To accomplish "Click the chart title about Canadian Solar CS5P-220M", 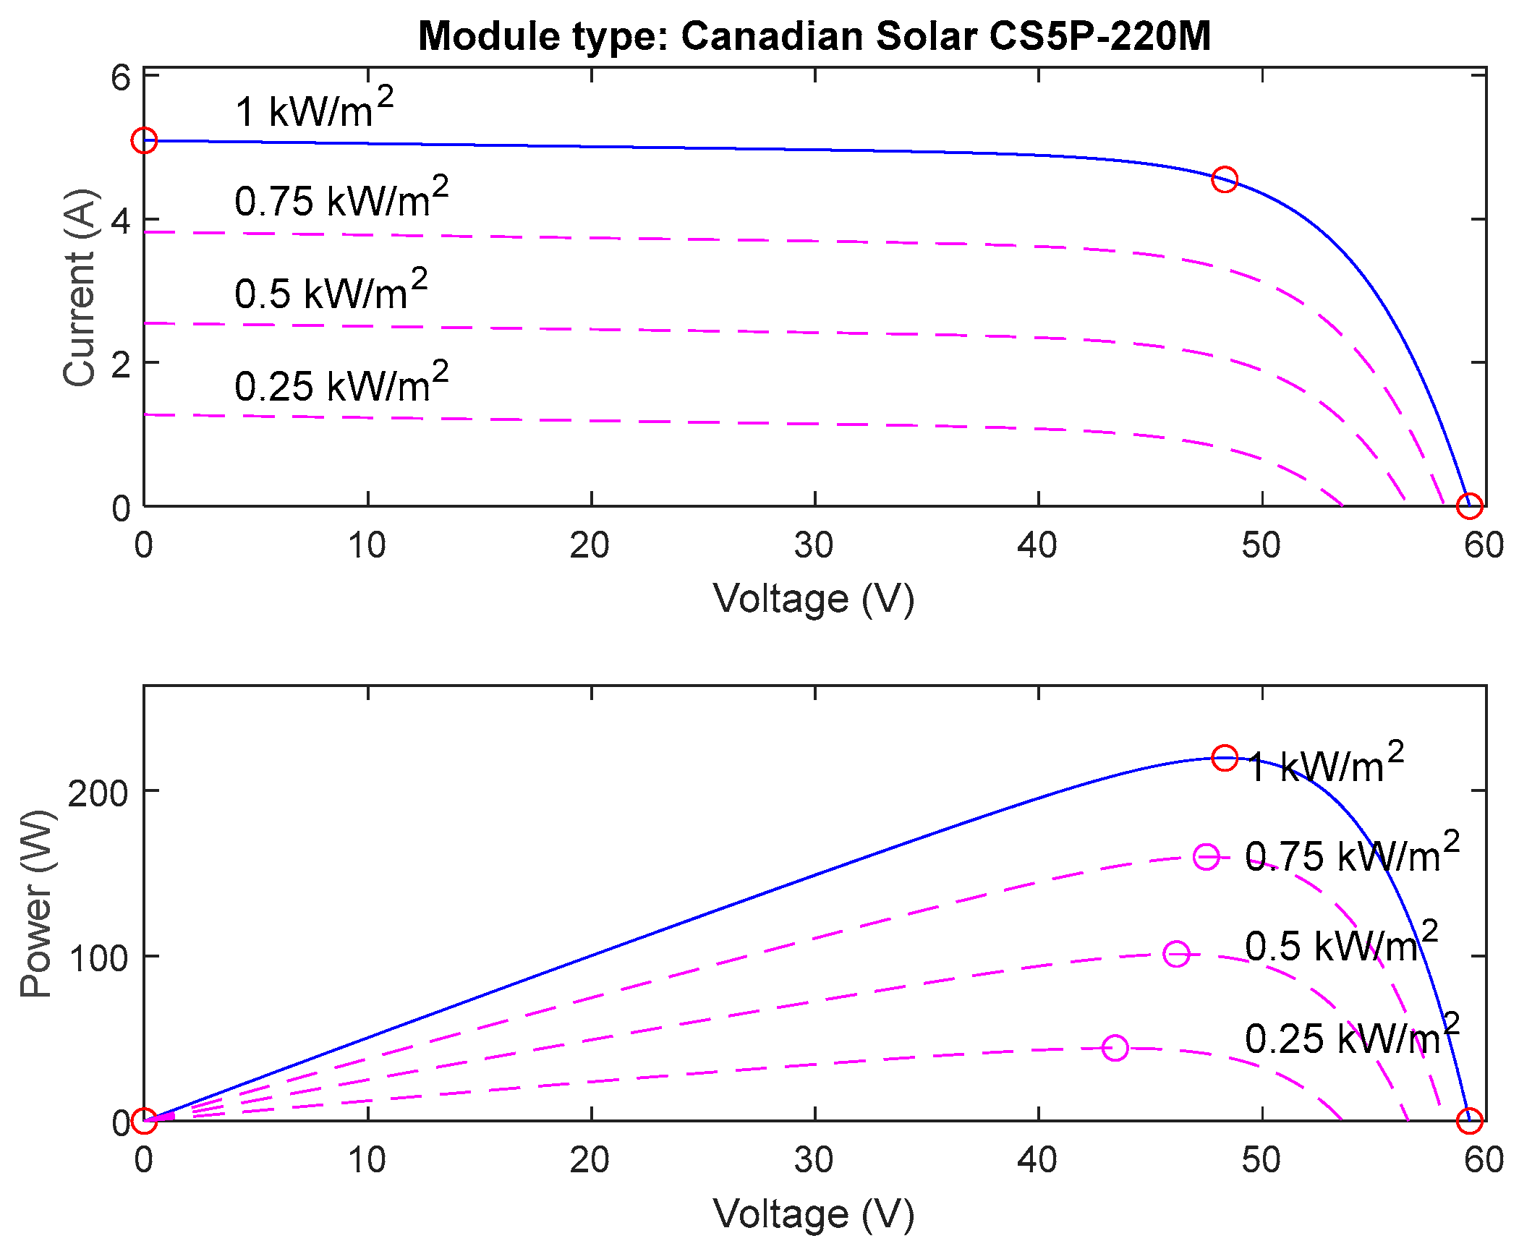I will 814,36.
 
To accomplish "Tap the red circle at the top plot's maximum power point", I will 1224,179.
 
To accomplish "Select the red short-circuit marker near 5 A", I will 144,140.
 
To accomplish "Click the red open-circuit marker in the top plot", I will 1469,506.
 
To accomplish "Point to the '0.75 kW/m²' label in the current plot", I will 341,198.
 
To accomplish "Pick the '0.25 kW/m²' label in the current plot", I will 341,383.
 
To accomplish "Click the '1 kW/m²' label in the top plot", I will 314,109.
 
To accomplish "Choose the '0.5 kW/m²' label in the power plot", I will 1341,944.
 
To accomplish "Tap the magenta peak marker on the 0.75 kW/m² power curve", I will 1206,857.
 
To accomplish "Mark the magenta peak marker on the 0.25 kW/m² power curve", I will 1115,1048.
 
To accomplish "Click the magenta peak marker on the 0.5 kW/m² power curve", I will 1177,954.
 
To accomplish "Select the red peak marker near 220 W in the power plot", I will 1225,758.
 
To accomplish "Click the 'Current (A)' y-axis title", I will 80,288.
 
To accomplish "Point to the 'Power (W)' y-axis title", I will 36,903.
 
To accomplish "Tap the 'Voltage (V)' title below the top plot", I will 814,600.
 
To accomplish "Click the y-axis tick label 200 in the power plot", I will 98,793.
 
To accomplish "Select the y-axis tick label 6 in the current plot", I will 120,78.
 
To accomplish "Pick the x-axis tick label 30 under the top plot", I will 814,546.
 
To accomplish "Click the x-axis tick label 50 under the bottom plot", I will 1261,1161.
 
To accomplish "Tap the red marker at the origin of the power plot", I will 144,1121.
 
